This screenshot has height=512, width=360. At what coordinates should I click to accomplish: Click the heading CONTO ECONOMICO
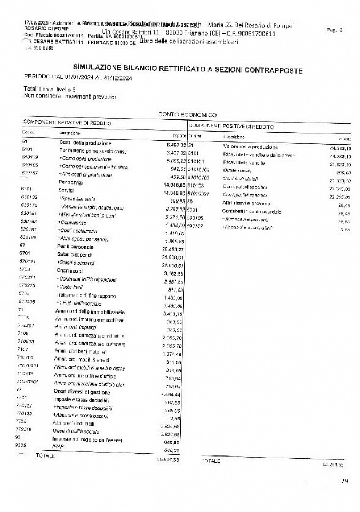pos(187,114)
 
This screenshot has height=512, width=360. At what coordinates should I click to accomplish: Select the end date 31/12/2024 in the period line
pos(114,78)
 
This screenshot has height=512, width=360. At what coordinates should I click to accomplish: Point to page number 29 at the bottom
pos(344,481)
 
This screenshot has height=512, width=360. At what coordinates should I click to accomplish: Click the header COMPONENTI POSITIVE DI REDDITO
pos(231,126)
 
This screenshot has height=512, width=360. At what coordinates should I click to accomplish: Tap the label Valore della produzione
pos(250,146)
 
